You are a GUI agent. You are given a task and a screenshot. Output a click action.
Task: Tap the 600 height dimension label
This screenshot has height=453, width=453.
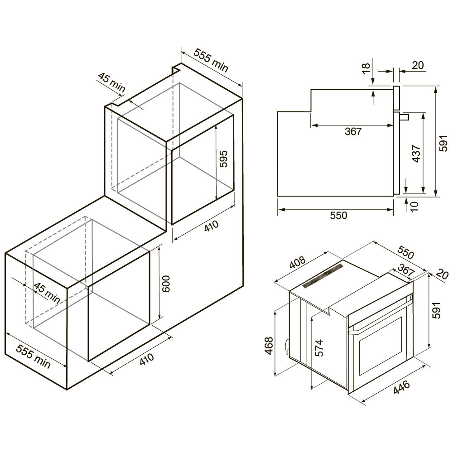166,284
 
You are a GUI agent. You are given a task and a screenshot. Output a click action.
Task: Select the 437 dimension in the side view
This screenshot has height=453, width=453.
415,154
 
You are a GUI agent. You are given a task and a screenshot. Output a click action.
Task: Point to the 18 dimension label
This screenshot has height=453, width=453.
366,68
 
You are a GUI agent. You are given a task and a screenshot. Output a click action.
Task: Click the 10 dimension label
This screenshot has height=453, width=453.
414,206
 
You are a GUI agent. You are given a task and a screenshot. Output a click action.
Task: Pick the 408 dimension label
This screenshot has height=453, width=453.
297,262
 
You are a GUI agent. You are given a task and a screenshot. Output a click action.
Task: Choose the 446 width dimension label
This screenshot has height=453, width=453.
401,387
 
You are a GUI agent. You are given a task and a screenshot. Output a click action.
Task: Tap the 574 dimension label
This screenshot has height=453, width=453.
319,348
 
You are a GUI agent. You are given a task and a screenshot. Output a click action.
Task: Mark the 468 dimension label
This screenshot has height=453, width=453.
269,346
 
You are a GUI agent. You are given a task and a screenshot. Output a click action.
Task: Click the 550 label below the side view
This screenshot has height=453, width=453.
338,215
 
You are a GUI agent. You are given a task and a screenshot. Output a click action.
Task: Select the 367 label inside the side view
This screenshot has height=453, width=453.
353,131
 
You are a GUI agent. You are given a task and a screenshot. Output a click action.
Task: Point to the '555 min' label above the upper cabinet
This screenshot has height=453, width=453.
211,60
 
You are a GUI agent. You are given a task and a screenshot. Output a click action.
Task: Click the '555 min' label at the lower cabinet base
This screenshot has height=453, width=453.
33,356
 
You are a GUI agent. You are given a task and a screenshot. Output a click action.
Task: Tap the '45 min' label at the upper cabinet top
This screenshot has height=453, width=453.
111,82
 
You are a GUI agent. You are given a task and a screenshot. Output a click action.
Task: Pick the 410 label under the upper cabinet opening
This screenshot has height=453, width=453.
212,226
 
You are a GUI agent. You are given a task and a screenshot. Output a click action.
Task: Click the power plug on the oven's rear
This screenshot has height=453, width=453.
287,346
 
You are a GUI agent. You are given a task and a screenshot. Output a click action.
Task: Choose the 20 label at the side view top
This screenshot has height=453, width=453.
418,65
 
